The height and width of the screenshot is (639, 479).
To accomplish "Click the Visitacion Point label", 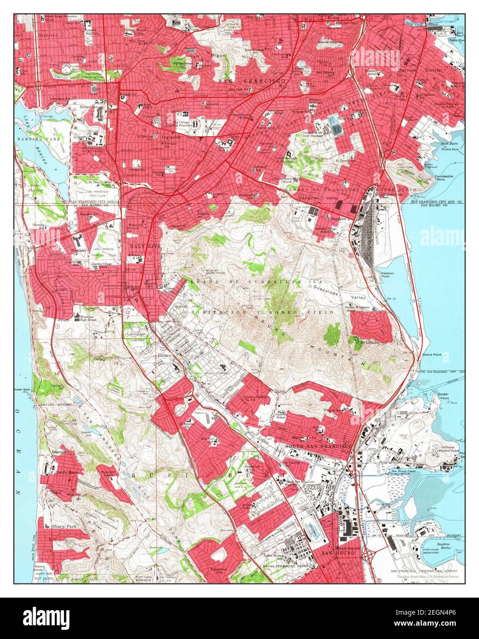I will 387,274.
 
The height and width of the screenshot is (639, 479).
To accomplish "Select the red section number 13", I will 116,363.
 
